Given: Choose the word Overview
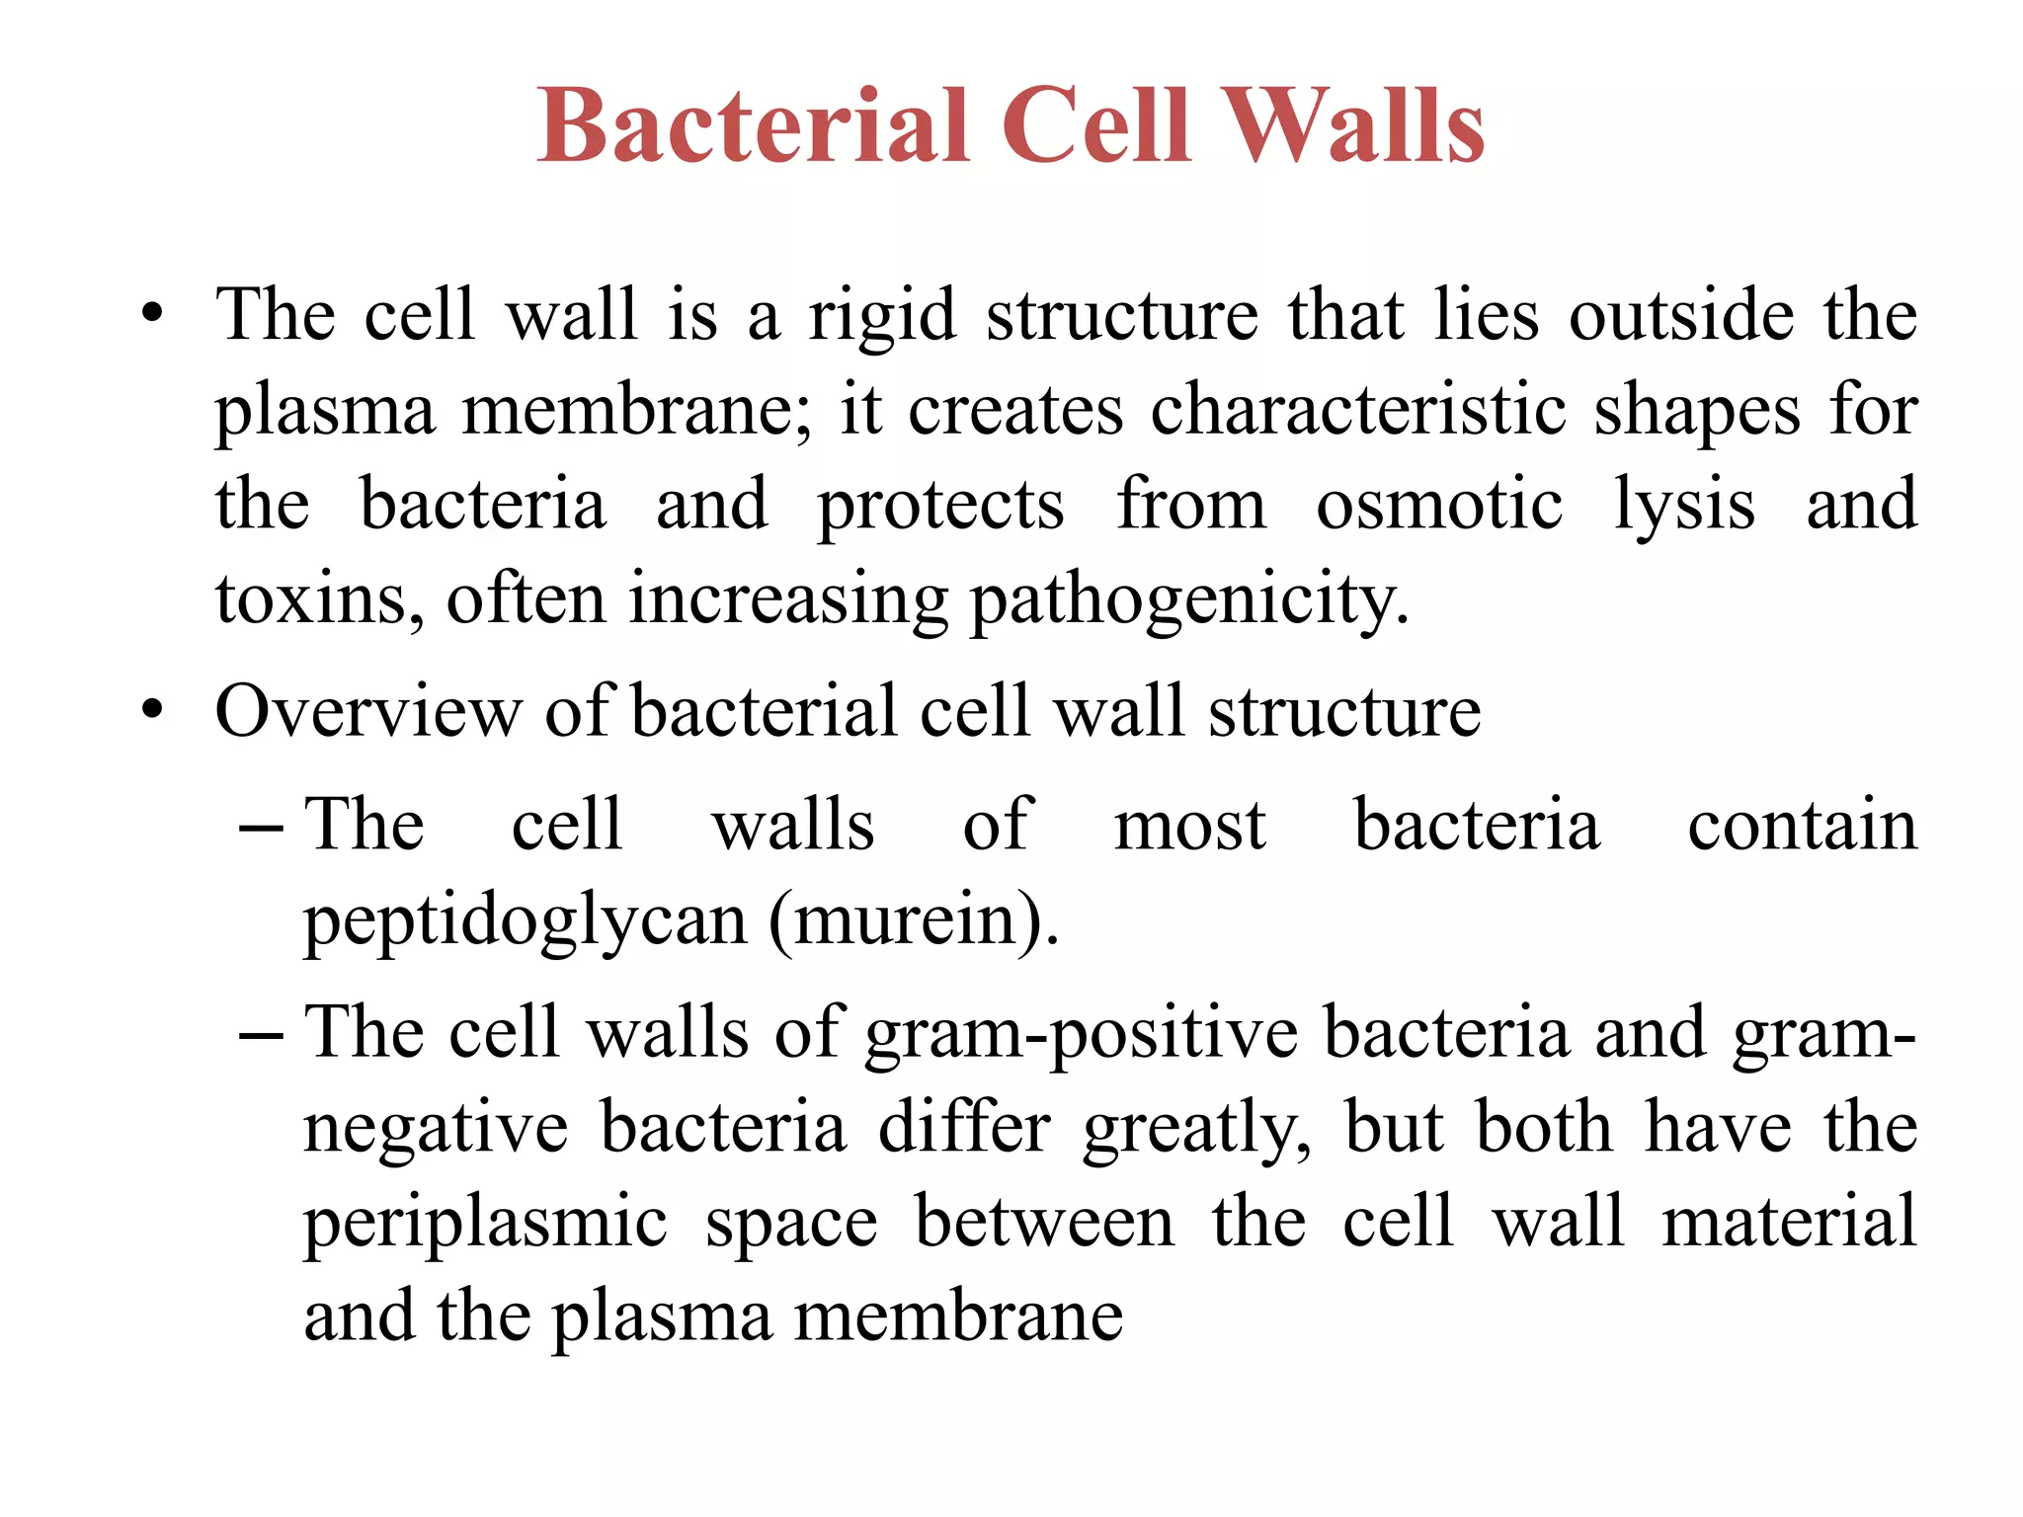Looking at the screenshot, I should pyautogui.click(x=367, y=711).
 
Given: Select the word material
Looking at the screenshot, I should pyautogui.click(x=1789, y=1223).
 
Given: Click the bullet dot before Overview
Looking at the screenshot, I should pyautogui.click(x=151, y=710).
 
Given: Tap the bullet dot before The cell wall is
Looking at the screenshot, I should pyautogui.click(x=151, y=315).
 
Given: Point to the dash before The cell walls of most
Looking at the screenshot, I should pyautogui.click(x=261, y=826).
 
